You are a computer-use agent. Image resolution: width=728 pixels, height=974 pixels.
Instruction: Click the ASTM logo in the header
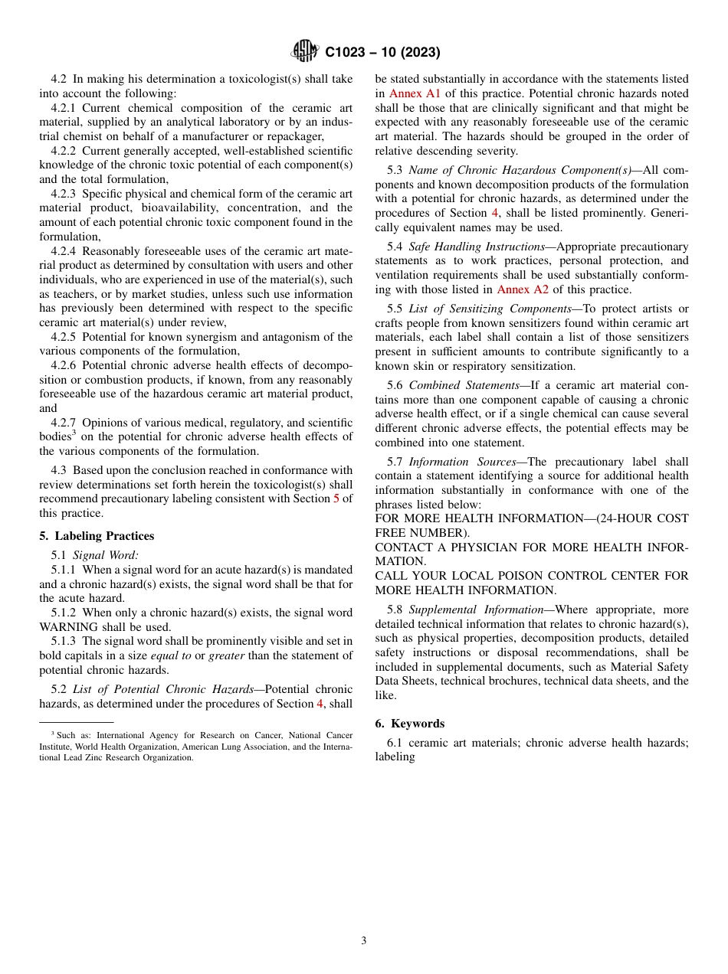[304, 52]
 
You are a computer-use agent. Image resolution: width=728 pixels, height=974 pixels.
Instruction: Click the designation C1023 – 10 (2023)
[382, 53]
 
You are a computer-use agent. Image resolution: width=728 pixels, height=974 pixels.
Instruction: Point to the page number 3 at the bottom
[364, 940]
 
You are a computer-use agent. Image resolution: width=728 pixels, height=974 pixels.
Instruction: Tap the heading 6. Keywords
[409, 724]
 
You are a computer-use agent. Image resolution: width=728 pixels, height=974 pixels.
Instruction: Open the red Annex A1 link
[415, 93]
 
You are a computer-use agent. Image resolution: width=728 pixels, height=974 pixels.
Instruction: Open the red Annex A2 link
[523, 289]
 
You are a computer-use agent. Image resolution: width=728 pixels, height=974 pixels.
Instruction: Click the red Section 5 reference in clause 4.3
[336, 499]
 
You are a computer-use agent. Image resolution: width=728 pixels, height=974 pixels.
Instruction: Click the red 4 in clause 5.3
[494, 213]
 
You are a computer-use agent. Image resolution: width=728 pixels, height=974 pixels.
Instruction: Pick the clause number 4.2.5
[65, 337]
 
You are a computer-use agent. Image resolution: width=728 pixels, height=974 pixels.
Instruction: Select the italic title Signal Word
[105, 555]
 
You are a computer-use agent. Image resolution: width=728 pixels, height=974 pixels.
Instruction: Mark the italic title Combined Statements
[464, 385]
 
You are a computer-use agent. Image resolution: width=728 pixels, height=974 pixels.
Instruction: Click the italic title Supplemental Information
[476, 610]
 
